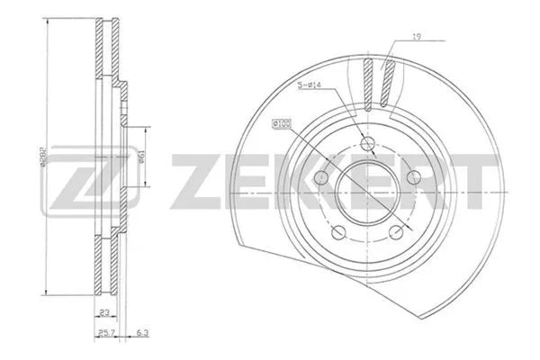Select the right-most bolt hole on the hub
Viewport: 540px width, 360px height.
click(x=415, y=176)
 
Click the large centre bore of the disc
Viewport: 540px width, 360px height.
click(x=366, y=189)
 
